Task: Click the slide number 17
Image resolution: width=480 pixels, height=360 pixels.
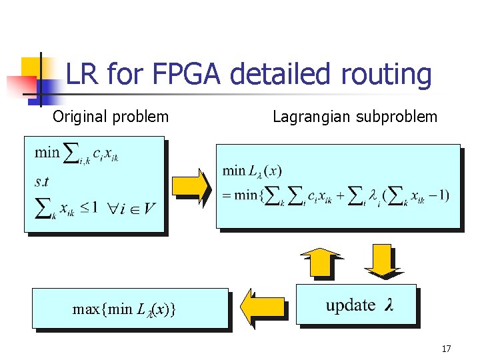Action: point(446,348)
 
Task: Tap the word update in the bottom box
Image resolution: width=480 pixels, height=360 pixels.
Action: point(350,305)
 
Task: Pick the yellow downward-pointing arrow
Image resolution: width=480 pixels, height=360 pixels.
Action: point(381,261)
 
